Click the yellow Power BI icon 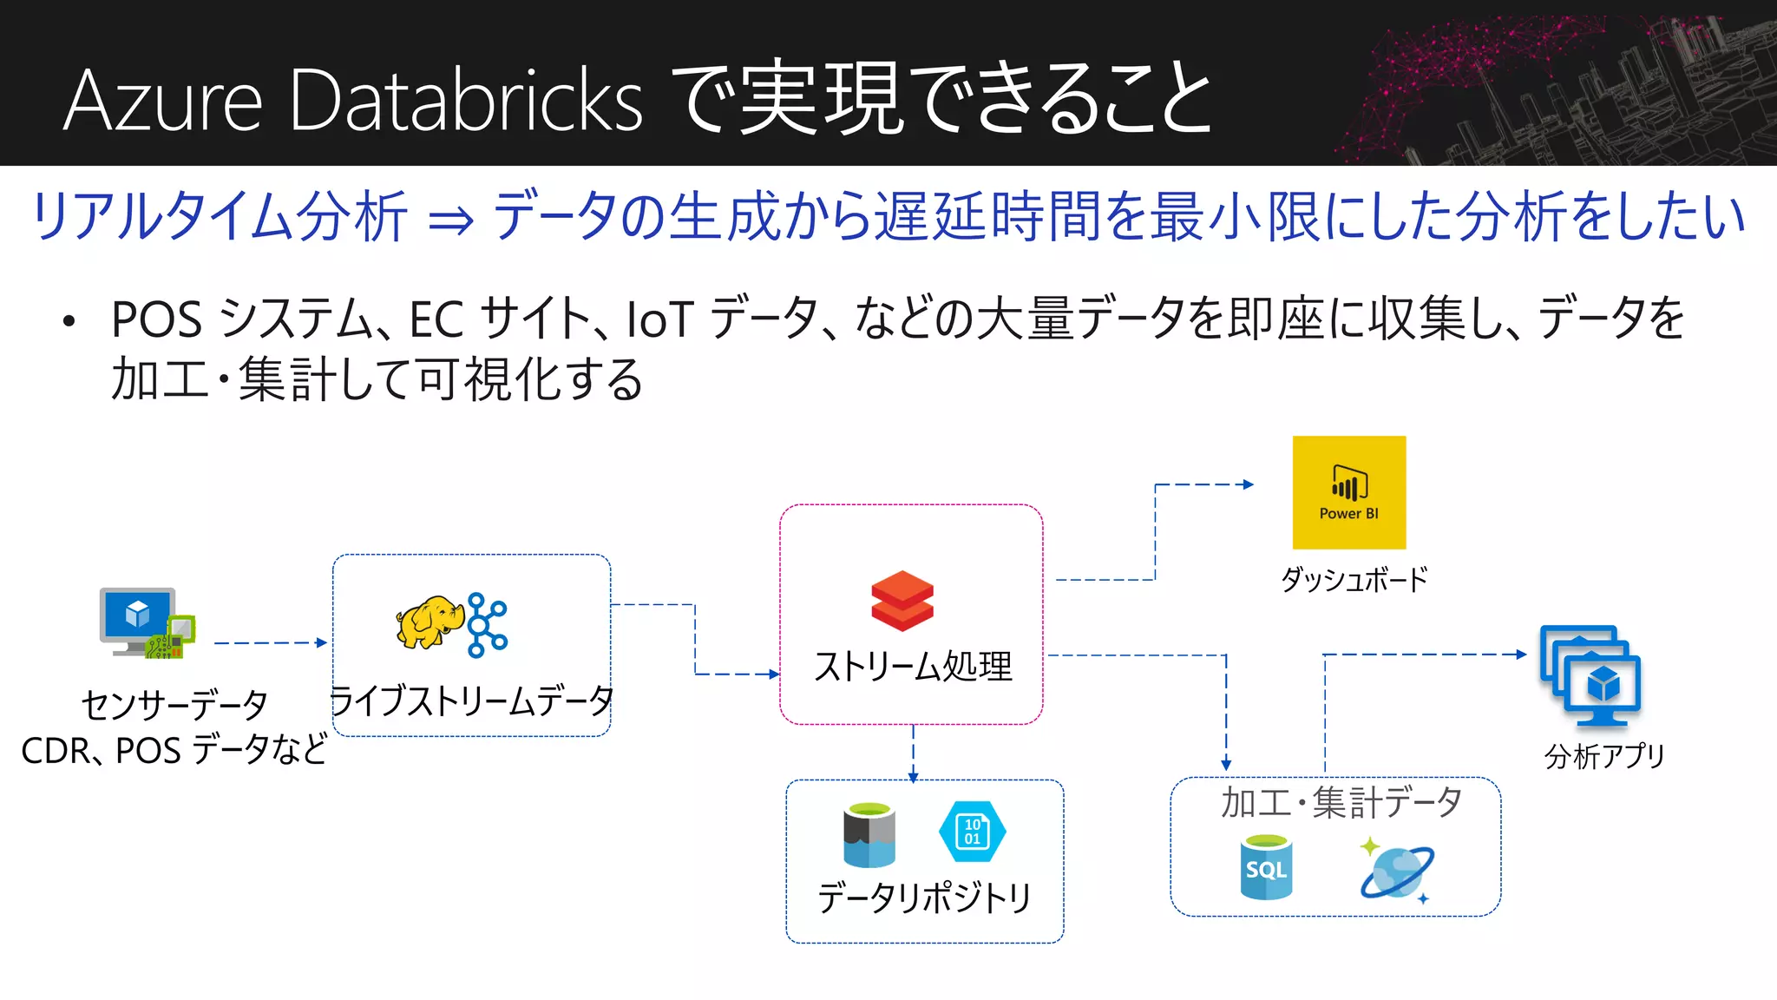pyautogui.click(x=1348, y=492)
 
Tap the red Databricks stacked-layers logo pyautogui.click(x=902, y=600)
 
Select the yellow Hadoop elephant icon pyautogui.click(x=429, y=622)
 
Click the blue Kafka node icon pyautogui.click(x=487, y=624)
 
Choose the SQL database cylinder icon pyautogui.click(x=1266, y=867)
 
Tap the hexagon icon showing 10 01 pyautogui.click(x=972, y=832)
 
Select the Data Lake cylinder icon pyautogui.click(x=869, y=835)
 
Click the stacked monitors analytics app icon pyautogui.click(x=1590, y=675)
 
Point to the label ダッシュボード pyautogui.click(x=1354, y=579)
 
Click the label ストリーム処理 pyautogui.click(x=913, y=667)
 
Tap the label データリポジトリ pyautogui.click(x=924, y=898)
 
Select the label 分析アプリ pyautogui.click(x=1604, y=756)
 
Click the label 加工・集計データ pyautogui.click(x=1341, y=802)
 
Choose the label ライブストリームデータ pyautogui.click(x=471, y=701)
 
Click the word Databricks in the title pyautogui.click(x=466, y=102)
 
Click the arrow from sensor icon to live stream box pyautogui.click(x=270, y=643)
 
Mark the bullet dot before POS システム pyautogui.click(x=69, y=322)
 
